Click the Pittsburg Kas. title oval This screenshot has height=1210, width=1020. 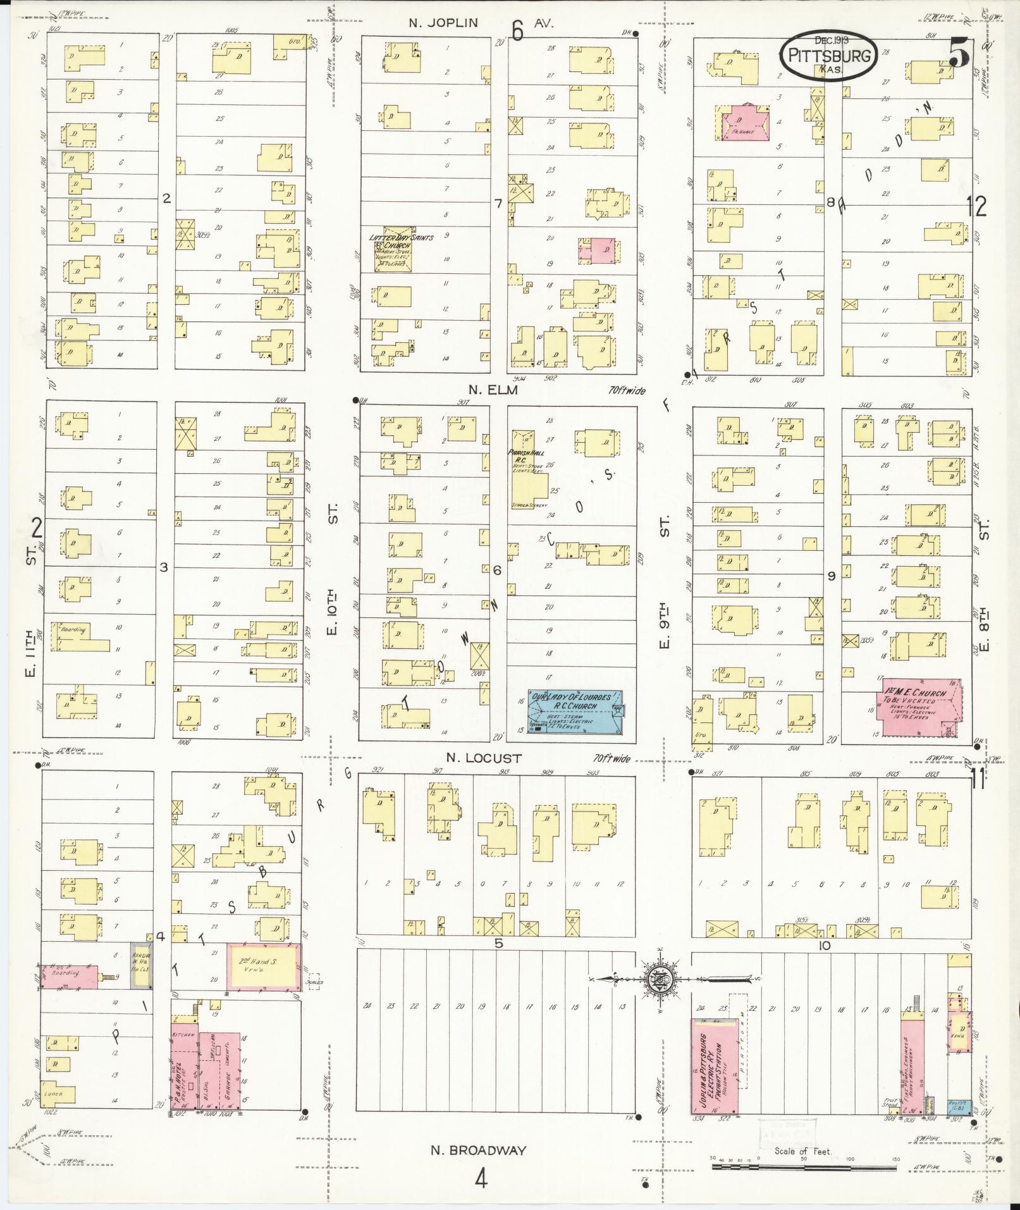[x=828, y=55]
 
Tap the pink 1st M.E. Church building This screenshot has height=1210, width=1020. [x=921, y=707]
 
